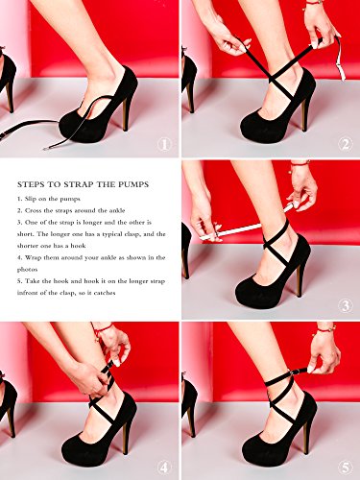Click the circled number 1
(164, 145)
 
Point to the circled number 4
(164, 466)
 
